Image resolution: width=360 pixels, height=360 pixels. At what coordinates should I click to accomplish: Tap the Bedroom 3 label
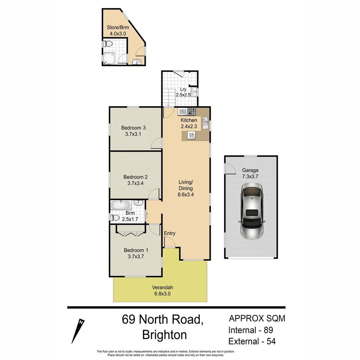133,128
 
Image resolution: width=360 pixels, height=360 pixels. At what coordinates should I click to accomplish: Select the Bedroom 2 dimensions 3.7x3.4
135,183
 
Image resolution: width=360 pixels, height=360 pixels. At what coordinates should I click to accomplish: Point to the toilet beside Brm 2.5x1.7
115,218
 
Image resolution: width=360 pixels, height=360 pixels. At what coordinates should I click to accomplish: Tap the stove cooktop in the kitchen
192,111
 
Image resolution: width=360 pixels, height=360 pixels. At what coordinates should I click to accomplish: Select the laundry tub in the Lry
194,91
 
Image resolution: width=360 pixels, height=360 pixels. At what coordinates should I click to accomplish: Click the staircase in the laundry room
169,97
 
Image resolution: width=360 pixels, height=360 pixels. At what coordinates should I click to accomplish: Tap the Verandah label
162,287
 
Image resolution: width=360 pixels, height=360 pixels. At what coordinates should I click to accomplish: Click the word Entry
170,233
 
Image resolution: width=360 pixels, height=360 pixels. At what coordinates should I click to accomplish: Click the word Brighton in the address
164,334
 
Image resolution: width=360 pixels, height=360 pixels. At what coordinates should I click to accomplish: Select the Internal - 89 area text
250,330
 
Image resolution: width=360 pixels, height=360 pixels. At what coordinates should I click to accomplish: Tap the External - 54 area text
252,341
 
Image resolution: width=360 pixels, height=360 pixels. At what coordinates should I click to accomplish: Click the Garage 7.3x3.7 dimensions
250,176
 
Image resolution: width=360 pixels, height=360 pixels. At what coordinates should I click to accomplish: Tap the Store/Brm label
118,27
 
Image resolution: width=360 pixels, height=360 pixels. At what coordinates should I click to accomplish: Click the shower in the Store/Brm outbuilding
109,58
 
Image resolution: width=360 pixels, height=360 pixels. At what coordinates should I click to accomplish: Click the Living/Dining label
186,185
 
